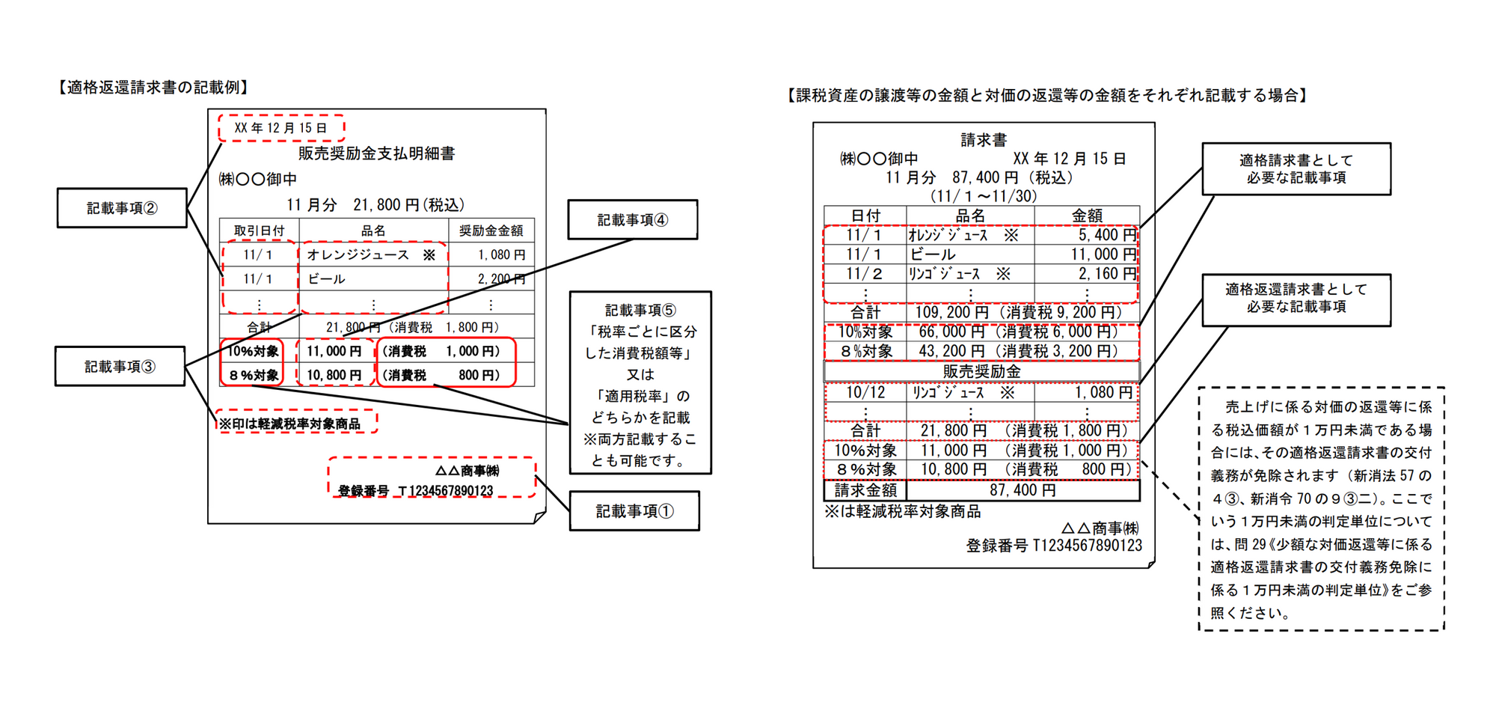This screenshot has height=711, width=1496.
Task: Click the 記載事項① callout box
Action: [x=634, y=511]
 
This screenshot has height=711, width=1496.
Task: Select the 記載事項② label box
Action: [x=122, y=208]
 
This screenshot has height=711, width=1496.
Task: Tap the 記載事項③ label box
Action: [x=120, y=367]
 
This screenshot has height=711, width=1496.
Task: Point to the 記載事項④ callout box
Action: [x=633, y=220]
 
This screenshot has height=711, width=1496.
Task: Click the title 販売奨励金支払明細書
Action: [x=376, y=153]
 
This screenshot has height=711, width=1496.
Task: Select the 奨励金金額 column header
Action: [x=491, y=231]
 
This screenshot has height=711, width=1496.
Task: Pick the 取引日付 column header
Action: [x=259, y=231]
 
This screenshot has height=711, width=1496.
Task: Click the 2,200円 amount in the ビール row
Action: [x=501, y=279]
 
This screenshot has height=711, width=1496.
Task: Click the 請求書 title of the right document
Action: [x=984, y=140]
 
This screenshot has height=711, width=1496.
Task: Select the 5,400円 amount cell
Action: [x=1106, y=235]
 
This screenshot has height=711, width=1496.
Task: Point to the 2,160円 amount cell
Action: [x=1106, y=274]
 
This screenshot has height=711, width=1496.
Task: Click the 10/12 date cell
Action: [x=865, y=392]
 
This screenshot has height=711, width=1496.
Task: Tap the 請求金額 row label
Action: [x=865, y=490]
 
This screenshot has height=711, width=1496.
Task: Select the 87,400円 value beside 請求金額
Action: [x=1023, y=490]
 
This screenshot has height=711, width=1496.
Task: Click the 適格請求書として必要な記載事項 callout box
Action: [x=1296, y=169]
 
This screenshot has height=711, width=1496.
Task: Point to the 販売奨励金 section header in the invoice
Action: [x=981, y=371]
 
